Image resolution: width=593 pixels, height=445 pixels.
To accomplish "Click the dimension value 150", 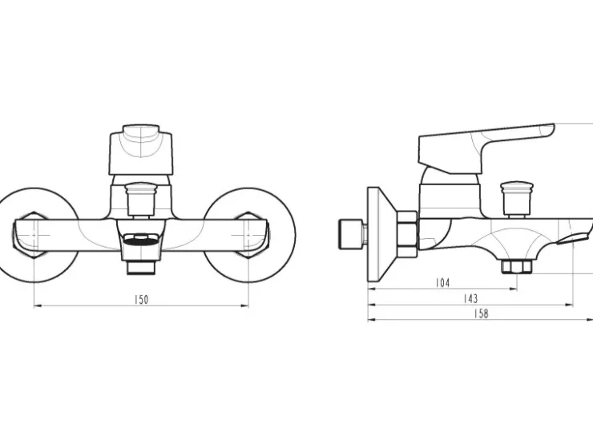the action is (142, 300).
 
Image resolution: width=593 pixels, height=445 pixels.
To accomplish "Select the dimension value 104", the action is (442, 283).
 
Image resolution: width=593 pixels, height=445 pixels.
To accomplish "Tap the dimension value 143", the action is (470, 298).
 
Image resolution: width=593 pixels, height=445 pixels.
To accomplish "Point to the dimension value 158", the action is (481, 314).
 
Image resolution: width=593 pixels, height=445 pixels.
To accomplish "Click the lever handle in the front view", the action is (141, 149).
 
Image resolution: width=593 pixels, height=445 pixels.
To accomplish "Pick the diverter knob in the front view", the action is (141, 199).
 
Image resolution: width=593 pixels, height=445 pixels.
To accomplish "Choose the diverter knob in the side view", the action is (517, 200).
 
